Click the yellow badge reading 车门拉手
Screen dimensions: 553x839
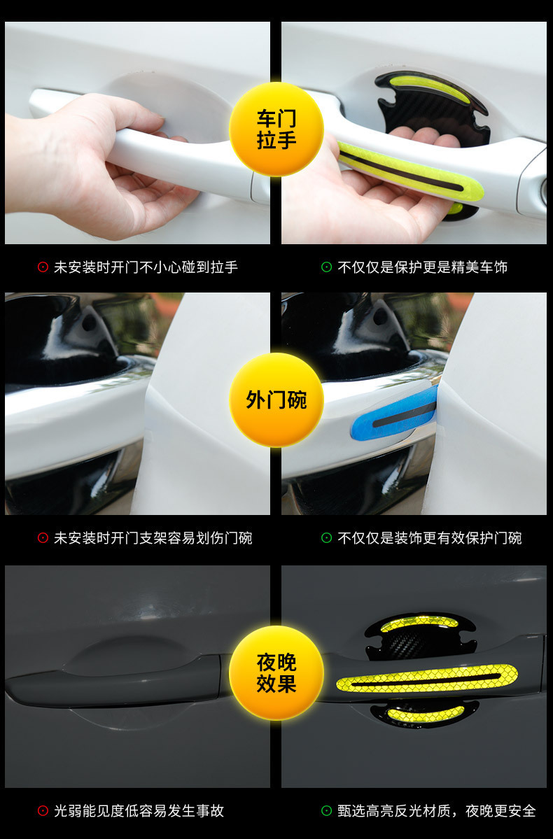[276, 129]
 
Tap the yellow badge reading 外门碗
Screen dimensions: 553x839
[276, 400]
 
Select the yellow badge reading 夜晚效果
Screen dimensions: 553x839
[276, 672]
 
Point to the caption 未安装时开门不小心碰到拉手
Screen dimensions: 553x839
[146, 267]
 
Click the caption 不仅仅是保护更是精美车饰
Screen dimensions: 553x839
[422, 267]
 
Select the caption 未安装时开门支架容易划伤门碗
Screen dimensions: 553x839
[153, 537]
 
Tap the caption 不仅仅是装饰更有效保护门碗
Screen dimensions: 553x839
[429, 537]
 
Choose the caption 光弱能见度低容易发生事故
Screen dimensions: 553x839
[139, 810]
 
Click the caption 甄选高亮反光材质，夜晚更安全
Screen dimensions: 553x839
[436, 810]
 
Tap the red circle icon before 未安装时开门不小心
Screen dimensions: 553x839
[43, 267]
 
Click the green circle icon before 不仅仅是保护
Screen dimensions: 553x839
[327, 267]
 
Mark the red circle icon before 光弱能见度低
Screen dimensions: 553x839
[43, 810]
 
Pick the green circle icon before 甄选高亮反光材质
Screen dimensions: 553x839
[327, 810]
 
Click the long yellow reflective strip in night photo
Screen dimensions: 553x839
[427, 678]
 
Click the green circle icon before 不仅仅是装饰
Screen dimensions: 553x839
[327, 537]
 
